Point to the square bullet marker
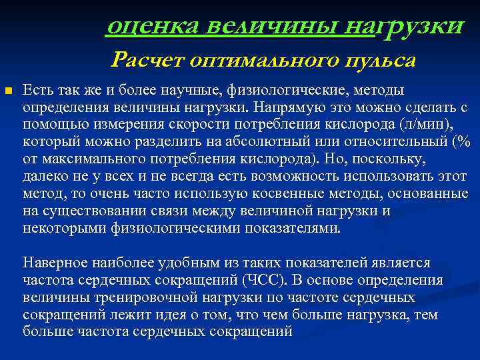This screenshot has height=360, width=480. pyautogui.click(x=7, y=90)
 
